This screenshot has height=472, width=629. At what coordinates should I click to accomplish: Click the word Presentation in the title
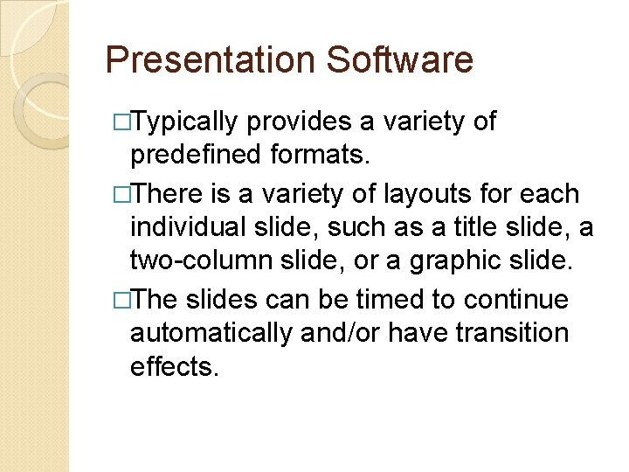[210, 60]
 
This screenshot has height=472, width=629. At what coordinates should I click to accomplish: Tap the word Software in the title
[399, 60]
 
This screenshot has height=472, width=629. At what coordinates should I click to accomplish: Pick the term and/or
[344, 333]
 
